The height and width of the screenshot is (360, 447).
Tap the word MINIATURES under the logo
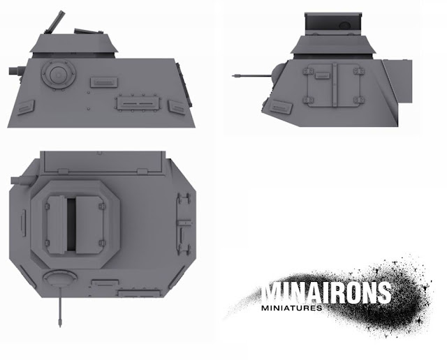coord(292,308)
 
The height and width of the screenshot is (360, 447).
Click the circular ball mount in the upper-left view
coord(59,75)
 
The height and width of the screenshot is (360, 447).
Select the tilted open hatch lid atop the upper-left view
coord(54,22)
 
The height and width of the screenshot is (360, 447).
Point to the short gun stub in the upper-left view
coord(16,71)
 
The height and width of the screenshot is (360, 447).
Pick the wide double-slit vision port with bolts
coord(138,103)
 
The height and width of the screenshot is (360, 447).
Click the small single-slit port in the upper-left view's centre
coord(104,82)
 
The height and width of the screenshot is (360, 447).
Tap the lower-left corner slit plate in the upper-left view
coord(25,107)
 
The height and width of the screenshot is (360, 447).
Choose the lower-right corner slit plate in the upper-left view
coord(178,107)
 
